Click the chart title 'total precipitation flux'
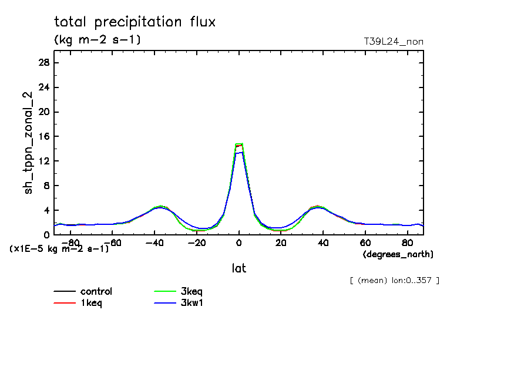tap(135, 22)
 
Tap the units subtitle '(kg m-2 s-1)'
tap(97, 40)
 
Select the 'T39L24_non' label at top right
tap(394, 41)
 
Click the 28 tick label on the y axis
tap(43, 63)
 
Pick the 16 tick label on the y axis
tap(43, 136)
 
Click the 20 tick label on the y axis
tap(43, 112)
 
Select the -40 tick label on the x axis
tap(154, 242)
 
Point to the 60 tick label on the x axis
tap(365, 242)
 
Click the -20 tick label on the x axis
tap(197, 242)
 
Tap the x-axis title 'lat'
tap(238, 268)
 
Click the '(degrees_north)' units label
tap(398, 254)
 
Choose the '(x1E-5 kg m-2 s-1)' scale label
tap(59, 249)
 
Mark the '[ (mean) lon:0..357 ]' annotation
tap(394, 280)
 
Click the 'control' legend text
tap(96, 291)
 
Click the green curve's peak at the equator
tap(239, 143)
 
